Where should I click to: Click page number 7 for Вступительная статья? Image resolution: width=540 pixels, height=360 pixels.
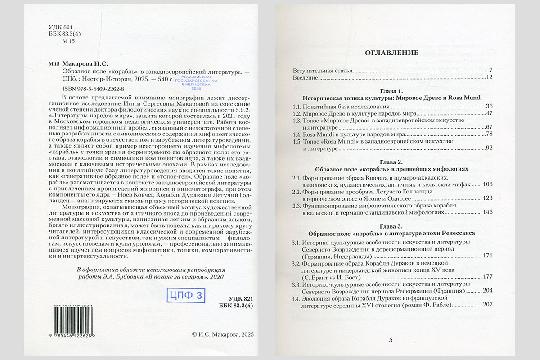pos(491,71)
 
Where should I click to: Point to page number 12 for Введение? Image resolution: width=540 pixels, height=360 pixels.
pos(490,78)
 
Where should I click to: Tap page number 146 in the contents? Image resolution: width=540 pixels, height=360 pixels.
pos(488,212)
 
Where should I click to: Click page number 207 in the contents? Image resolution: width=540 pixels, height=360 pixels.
pos(488,305)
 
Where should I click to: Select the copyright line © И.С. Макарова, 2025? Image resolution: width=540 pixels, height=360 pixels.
pos(223,334)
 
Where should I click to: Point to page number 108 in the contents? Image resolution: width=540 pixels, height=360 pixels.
pos(488,185)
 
